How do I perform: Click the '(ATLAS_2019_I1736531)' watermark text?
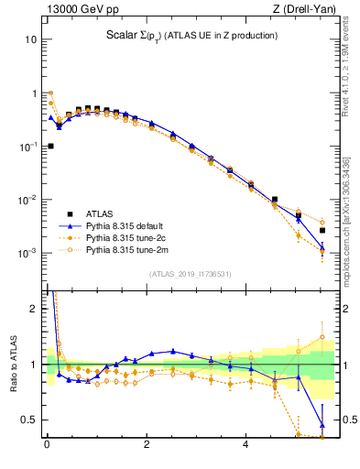(191, 273)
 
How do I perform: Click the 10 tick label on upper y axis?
(31, 39)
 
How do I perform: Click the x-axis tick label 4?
(245, 446)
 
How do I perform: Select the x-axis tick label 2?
(146, 446)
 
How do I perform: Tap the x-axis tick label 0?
(46, 446)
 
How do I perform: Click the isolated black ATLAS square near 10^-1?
(50, 146)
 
